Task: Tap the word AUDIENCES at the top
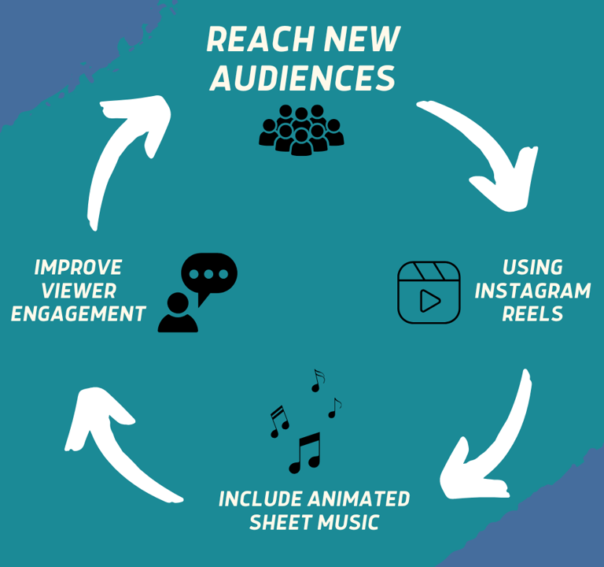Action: (303, 78)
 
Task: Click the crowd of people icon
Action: (301, 128)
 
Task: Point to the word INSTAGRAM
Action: (532, 291)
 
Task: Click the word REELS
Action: (532, 314)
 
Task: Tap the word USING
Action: (532, 267)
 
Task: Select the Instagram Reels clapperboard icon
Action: (429, 292)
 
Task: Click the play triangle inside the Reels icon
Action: (429, 301)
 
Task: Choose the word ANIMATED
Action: (360, 499)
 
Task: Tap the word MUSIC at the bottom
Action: (350, 522)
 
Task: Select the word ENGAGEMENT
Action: (78, 314)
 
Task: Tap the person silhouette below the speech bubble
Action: (177, 313)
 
